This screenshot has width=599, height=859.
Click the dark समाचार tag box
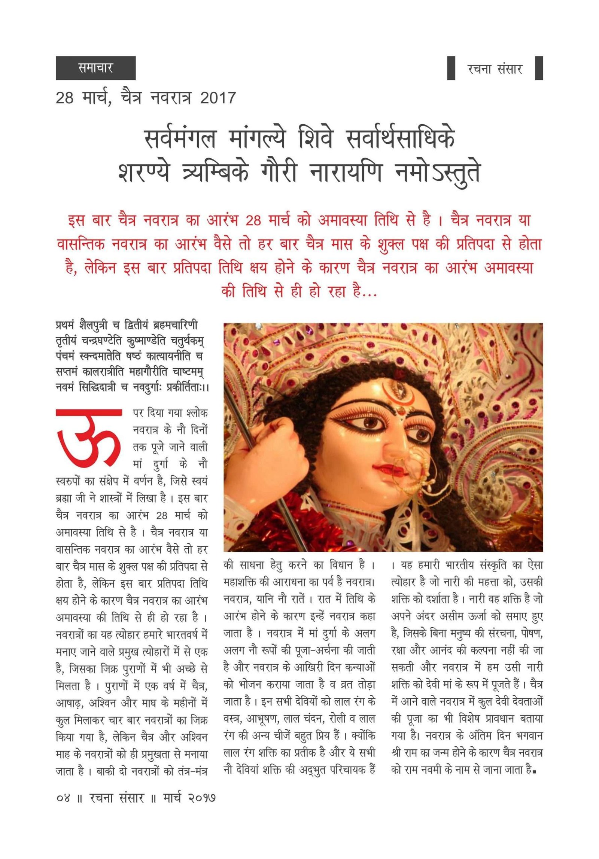point(95,68)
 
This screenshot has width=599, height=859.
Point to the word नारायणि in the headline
point(346,173)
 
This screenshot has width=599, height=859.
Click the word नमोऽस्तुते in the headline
point(437,173)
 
